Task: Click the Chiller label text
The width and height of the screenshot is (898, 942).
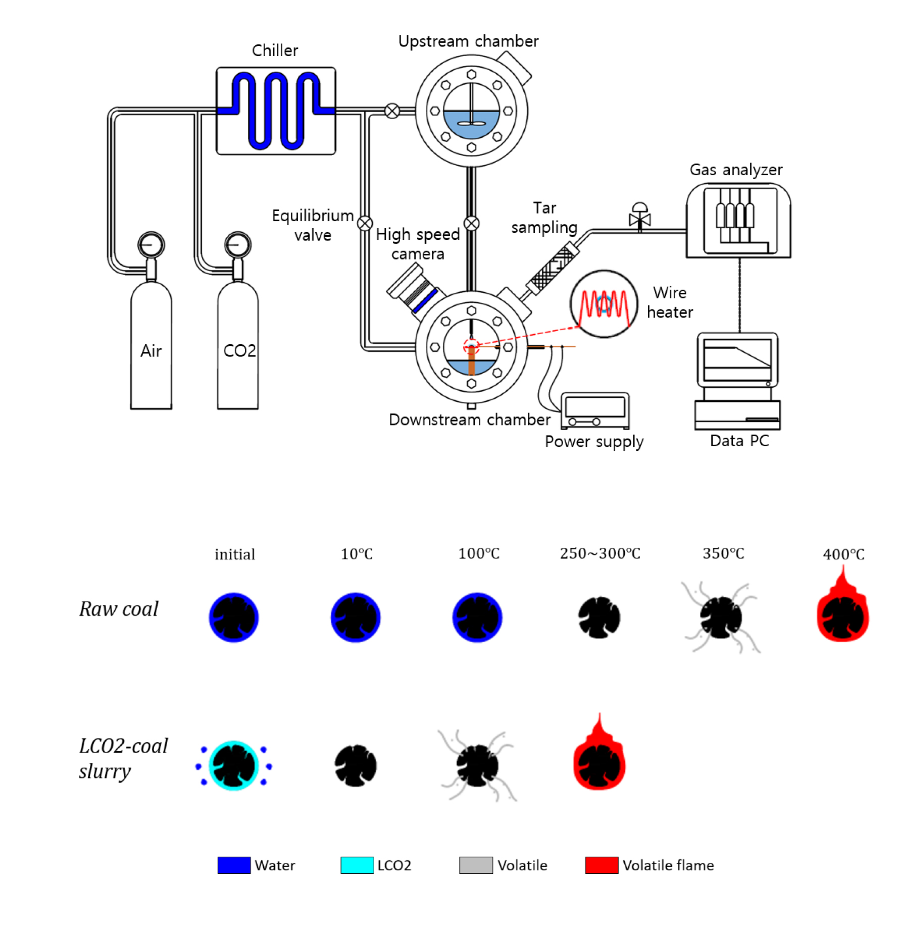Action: (275, 50)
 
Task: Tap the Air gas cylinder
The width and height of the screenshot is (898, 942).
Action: (151, 348)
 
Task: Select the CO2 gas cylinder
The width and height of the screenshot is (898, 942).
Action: (238, 348)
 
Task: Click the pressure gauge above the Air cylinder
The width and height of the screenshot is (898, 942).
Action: (151, 245)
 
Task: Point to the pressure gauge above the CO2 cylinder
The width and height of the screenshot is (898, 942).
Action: (238, 245)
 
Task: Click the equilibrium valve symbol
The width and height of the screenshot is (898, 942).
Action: (365, 223)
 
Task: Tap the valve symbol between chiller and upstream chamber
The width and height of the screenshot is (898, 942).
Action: (392, 111)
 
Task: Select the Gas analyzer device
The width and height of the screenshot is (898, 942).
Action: (738, 221)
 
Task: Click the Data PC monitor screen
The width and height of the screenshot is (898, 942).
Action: (737, 360)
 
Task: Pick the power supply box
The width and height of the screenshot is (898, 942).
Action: (595, 410)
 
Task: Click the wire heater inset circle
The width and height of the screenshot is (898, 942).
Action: (604, 304)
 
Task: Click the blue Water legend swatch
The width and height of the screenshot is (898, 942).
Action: (234, 865)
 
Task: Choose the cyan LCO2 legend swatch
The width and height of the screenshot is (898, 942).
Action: (357, 865)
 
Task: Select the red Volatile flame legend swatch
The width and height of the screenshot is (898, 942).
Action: (602, 865)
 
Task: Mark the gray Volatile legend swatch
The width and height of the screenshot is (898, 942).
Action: (476, 865)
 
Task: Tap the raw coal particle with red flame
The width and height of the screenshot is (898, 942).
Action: (843, 613)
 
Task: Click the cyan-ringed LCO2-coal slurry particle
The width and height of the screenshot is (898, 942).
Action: (234, 765)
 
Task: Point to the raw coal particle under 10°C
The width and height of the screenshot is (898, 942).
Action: (356, 617)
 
